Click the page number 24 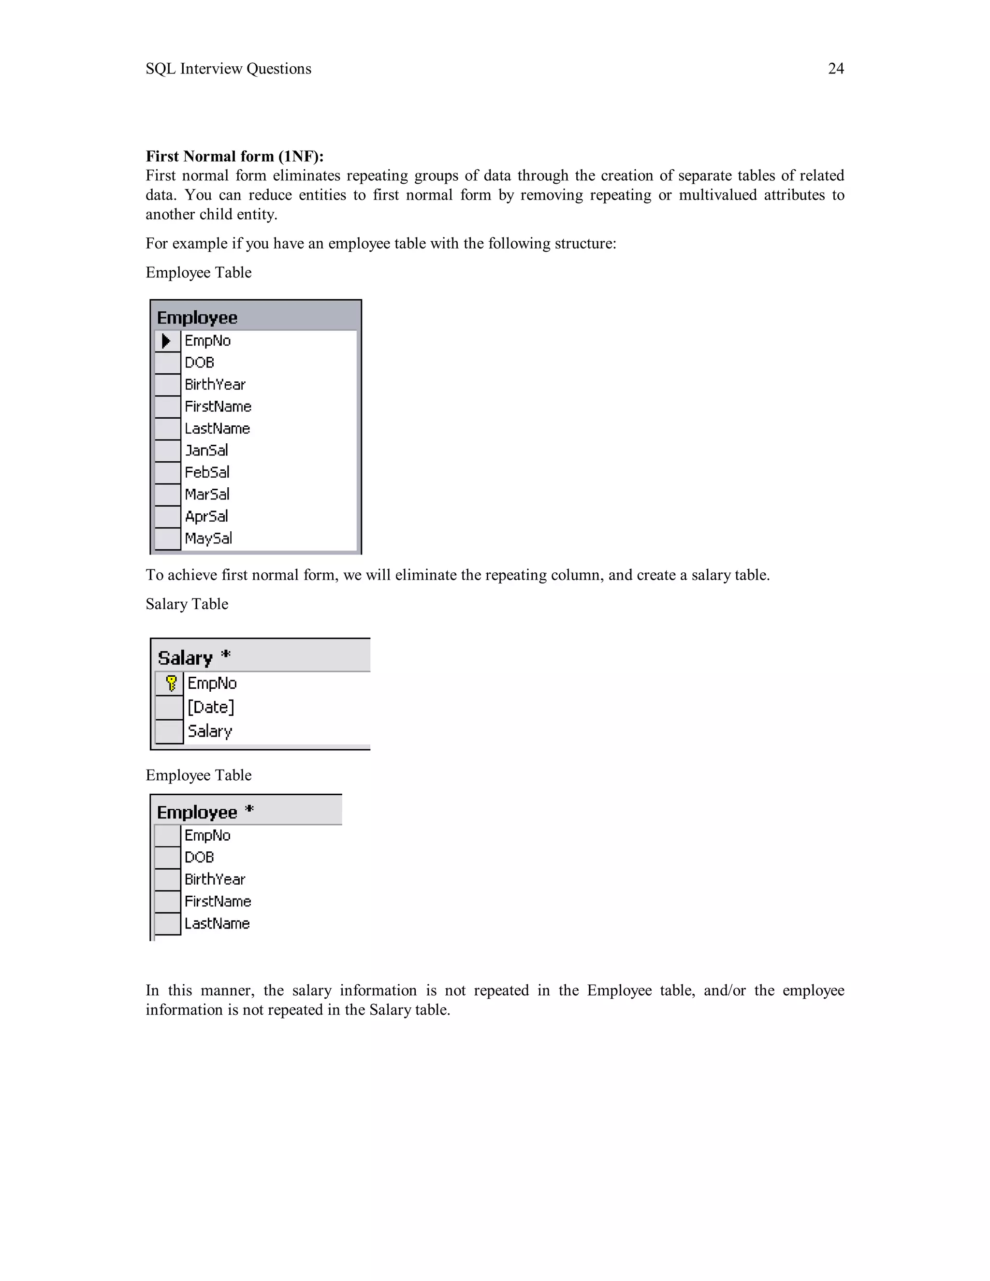[x=835, y=69]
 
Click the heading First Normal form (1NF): [x=234, y=156]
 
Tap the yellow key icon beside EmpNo [x=171, y=684]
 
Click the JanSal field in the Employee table [x=206, y=451]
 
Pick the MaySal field [x=208, y=539]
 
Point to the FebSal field [x=207, y=473]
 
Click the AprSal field [x=206, y=517]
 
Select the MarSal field [x=207, y=495]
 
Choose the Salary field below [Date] [x=209, y=731]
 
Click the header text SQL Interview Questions [x=228, y=69]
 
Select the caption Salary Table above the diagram [x=187, y=604]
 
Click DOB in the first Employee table [x=200, y=363]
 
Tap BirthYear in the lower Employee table [x=215, y=880]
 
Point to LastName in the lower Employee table [x=217, y=924]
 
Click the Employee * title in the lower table [x=204, y=813]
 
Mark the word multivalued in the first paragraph [x=717, y=195]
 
